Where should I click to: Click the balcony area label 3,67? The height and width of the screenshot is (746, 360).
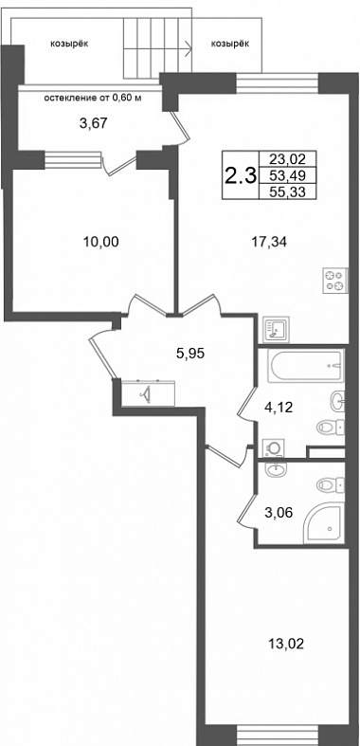tap(94, 123)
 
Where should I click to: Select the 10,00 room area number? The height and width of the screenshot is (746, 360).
tap(100, 242)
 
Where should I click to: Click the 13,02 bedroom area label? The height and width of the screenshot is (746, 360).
tap(286, 645)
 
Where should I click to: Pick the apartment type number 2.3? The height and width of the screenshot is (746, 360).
tap(241, 176)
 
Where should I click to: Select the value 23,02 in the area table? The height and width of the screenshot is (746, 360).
tap(286, 158)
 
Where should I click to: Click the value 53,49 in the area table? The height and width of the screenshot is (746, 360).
tap(286, 175)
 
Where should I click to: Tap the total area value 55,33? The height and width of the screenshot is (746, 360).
tap(286, 191)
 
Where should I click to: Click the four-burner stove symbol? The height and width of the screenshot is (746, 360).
tap(334, 281)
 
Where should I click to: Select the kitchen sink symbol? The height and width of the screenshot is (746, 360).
tap(276, 329)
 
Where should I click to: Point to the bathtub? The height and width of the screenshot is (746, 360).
tap(305, 366)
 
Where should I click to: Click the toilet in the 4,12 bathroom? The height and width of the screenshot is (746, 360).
tap(330, 426)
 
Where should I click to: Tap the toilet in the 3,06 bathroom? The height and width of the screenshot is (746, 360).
tap(330, 485)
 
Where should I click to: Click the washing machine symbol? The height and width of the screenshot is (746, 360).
tap(274, 447)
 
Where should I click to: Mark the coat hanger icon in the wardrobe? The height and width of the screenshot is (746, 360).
tap(146, 393)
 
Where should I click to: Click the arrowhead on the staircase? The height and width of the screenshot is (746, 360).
tap(189, 47)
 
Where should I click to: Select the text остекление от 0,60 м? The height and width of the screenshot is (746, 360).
tap(93, 99)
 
